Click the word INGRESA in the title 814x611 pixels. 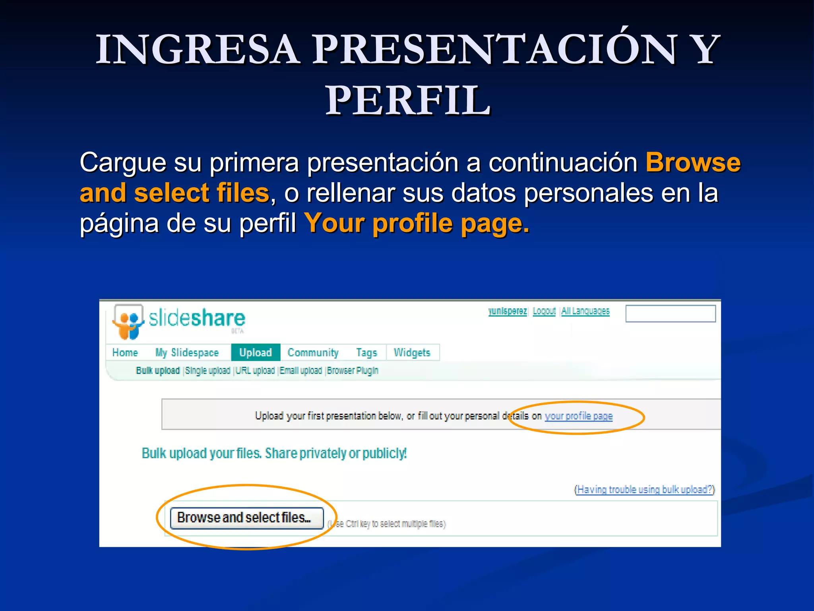pyautogui.click(x=198, y=49)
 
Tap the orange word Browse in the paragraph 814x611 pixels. pyautogui.click(x=693, y=162)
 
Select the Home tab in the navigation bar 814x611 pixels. pyautogui.click(x=125, y=352)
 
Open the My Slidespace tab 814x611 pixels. pyautogui.click(x=187, y=352)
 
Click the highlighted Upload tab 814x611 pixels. pyautogui.click(x=256, y=352)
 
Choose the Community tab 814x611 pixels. pyautogui.click(x=313, y=352)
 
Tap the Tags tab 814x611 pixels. pyautogui.click(x=366, y=352)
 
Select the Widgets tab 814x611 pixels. pyautogui.click(x=412, y=352)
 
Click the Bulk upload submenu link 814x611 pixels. pyautogui.click(x=158, y=370)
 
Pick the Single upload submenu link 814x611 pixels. pyautogui.click(x=207, y=370)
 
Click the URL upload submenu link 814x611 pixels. pyautogui.click(x=255, y=370)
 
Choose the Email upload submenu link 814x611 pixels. pyautogui.click(x=301, y=370)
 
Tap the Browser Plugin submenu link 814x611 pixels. pyautogui.click(x=353, y=370)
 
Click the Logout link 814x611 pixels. pyautogui.click(x=544, y=311)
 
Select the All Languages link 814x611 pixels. pyautogui.click(x=585, y=311)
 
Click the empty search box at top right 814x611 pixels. pyautogui.click(x=671, y=313)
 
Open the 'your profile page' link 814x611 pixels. pyautogui.click(x=578, y=416)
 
